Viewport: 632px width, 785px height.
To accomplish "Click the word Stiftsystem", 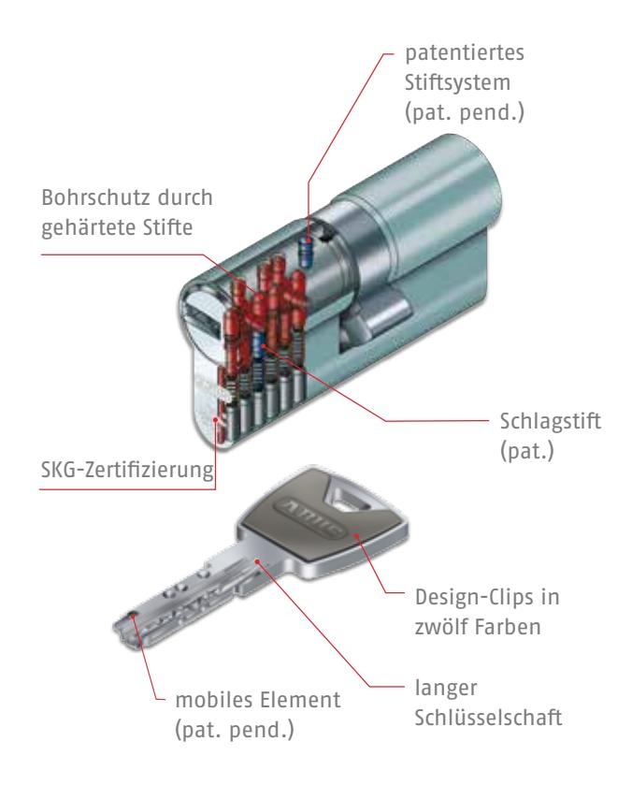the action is point(457,82).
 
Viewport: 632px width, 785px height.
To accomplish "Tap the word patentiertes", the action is point(465,53).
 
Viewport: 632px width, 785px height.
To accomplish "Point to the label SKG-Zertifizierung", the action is point(127,470).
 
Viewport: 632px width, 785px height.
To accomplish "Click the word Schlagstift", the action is point(551,421).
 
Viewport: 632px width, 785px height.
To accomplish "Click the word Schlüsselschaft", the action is point(488,718).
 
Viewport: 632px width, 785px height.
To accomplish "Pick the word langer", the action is point(445,689).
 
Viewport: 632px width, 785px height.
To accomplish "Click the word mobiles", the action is point(210,700).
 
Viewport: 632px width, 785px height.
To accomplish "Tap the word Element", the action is point(297,700).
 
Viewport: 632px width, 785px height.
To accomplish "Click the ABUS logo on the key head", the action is point(309,518).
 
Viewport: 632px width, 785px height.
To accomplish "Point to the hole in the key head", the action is point(347,502).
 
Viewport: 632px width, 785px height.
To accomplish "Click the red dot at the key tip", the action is point(133,616).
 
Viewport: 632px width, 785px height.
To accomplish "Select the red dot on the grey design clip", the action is point(357,536).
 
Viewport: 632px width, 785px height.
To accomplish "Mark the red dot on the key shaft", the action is point(257,561).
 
